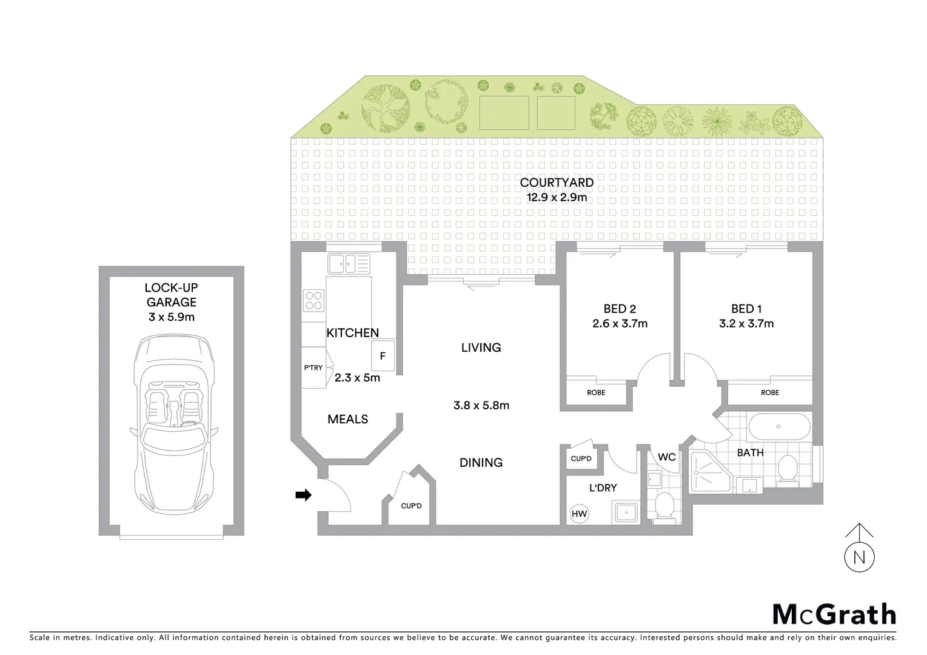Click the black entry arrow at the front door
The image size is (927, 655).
[303, 495]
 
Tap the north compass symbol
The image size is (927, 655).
[859, 556]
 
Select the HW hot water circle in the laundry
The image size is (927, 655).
[580, 514]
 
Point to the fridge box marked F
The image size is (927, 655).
[383, 356]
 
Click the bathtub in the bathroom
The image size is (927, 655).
[779, 427]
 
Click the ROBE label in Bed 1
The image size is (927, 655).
[770, 392]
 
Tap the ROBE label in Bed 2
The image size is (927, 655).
[596, 392]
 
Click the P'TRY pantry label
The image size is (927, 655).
[313, 368]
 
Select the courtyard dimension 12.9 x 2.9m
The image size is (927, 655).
[557, 197]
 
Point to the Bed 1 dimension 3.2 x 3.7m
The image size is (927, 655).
[746, 324]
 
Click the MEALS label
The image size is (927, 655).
[347, 419]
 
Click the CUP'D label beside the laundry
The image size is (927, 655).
[581, 458]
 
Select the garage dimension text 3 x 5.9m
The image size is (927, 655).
[172, 317]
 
